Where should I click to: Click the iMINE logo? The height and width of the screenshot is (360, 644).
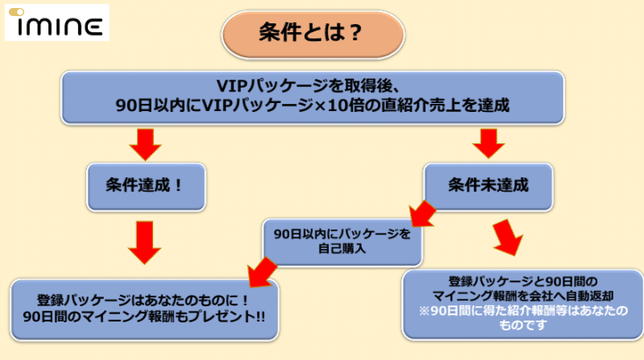point(56,22)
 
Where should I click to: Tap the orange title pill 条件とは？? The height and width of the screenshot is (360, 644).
point(313,35)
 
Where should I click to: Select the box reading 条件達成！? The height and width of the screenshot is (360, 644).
point(146,187)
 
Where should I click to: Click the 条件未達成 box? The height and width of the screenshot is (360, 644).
point(488,187)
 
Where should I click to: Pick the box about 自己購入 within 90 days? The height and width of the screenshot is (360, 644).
point(342,242)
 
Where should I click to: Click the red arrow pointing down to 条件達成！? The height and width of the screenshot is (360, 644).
point(145,144)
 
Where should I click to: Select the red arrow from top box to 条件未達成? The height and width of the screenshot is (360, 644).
point(488,143)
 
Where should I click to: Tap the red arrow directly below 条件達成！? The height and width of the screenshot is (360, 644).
point(144,243)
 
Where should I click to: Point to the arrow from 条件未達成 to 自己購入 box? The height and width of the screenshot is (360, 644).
point(422,214)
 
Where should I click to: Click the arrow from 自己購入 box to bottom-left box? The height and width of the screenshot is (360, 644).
point(262,271)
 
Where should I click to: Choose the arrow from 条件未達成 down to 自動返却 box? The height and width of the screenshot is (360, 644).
point(508,237)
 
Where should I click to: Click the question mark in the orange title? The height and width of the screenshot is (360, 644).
point(354,33)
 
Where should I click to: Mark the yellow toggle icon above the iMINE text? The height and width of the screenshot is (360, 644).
point(16,13)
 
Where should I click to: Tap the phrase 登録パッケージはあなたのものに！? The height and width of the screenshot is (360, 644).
point(143,300)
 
